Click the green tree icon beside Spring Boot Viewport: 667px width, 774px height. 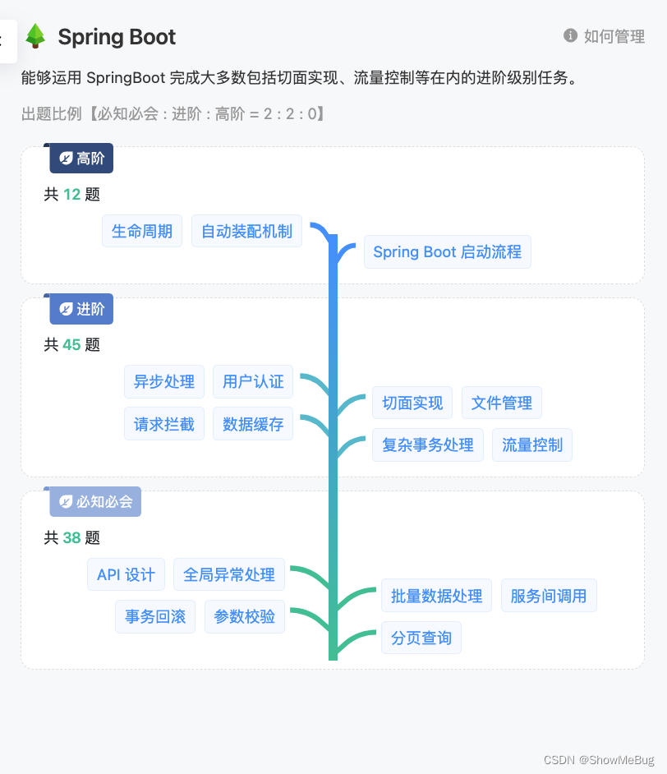(x=35, y=36)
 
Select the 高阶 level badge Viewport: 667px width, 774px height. (x=82, y=159)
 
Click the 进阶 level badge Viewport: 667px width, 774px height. (x=82, y=309)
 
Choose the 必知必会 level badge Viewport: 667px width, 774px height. (x=96, y=501)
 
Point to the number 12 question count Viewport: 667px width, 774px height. (x=72, y=195)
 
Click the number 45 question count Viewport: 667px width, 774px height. (x=72, y=345)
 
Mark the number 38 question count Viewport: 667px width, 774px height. (x=72, y=538)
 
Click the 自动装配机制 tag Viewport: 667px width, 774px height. (x=246, y=231)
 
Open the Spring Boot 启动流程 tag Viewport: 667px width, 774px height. (x=447, y=252)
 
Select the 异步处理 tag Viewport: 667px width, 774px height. (x=164, y=381)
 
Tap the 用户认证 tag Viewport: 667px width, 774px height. (x=253, y=381)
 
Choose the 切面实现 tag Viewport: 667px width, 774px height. (x=412, y=403)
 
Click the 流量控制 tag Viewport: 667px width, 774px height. (x=532, y=445)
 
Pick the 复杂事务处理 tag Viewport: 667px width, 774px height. (x=428, y=445)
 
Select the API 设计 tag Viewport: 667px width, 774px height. (x=126, y=574)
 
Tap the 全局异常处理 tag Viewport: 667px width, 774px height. (x=229, y=574)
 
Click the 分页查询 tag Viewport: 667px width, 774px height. (x=421, y=638)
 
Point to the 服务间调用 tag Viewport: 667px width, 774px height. (x=549, y=596)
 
